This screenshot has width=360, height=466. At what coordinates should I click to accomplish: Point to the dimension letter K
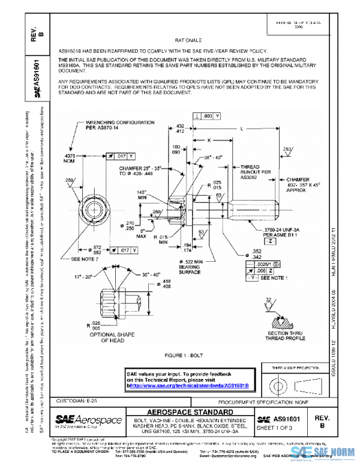209,139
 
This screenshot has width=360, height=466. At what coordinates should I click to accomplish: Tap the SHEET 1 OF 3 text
283,427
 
